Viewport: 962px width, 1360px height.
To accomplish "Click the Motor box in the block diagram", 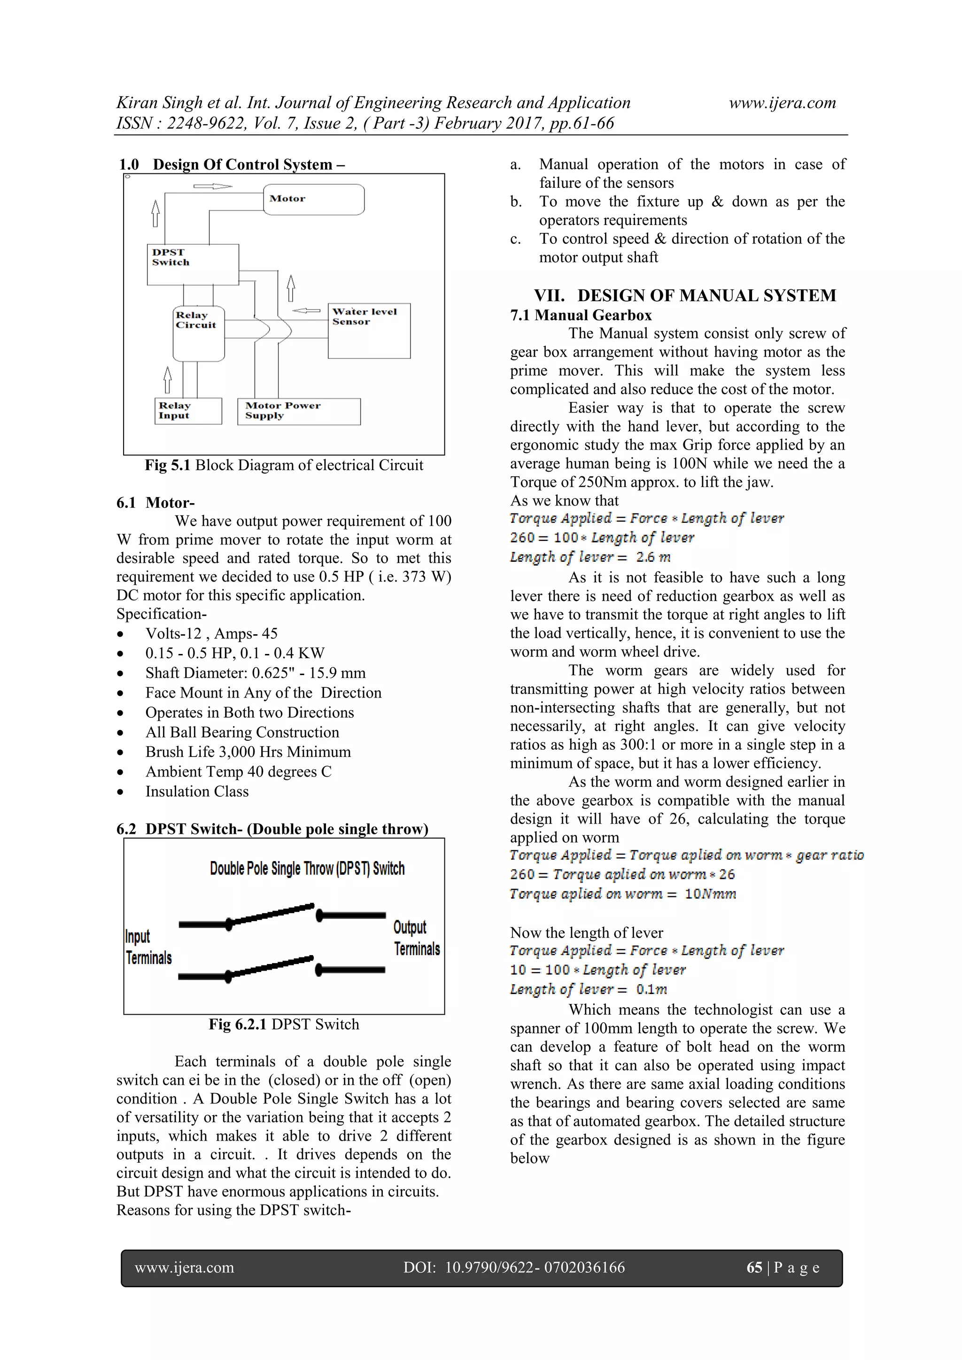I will pos(313,200).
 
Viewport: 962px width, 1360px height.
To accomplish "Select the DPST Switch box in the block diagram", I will pos(193,264).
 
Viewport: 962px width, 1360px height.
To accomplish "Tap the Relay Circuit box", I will pos(198,333).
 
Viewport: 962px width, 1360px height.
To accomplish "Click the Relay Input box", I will pos(188,411).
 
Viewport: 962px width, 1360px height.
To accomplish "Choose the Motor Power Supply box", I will pos(299,411).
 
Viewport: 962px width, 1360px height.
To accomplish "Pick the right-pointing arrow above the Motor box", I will pos(213,187).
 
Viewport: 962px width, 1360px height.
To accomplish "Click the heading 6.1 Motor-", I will pos(155,502).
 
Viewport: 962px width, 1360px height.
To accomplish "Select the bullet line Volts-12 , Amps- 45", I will pos(211,633).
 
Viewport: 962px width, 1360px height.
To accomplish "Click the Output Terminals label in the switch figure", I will pos(417,938).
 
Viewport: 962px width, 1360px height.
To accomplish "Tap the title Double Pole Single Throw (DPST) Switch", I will pos(307,868).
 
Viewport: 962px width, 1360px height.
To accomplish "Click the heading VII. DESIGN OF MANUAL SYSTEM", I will pos(685,295).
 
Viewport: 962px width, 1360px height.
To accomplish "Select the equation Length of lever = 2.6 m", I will pos(590,557).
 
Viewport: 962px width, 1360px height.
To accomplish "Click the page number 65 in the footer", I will pos(753,1267).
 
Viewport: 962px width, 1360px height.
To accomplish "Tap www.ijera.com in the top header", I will pos(782,102).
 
